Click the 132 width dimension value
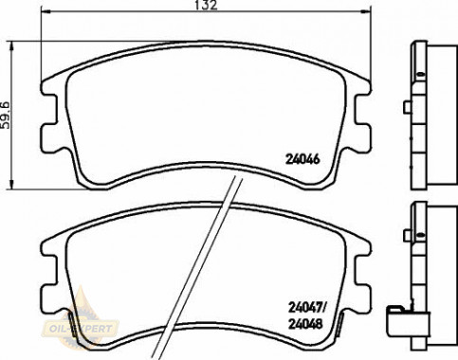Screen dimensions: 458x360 [206, 5]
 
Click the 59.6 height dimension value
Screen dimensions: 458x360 [6, 115]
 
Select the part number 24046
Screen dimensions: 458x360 [302, 159]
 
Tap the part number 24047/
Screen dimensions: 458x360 [307, 307]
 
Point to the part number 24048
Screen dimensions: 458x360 [305, 324]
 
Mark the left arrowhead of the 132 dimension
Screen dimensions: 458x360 [46, 11]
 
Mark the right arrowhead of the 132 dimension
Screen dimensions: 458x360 [366, 11]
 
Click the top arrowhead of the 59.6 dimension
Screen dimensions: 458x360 [11, 45]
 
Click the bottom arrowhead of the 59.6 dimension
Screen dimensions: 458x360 [11, 185]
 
